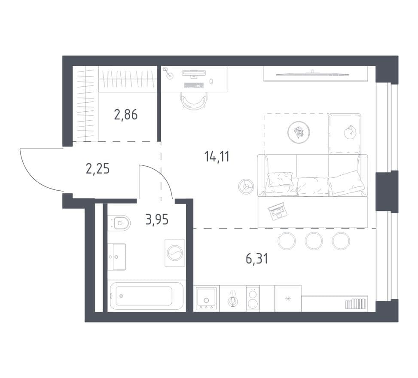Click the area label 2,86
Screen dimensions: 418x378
(126, 115)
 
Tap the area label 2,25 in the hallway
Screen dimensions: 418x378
(98, 169)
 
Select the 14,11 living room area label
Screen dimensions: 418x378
(217, 156)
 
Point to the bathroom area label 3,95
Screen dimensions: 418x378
(157, 219)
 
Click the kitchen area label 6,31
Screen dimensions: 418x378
(257, 259)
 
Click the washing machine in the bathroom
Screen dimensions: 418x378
(175, 253)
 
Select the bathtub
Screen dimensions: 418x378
(146, 296)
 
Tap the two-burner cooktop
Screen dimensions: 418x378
(253, 298)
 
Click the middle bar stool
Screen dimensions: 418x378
(314, 241)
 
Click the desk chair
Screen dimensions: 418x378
(194, 101)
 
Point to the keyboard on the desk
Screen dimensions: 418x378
(194, 85)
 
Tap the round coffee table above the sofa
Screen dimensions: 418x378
(299, 132)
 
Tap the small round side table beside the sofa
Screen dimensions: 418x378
(246, 186)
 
